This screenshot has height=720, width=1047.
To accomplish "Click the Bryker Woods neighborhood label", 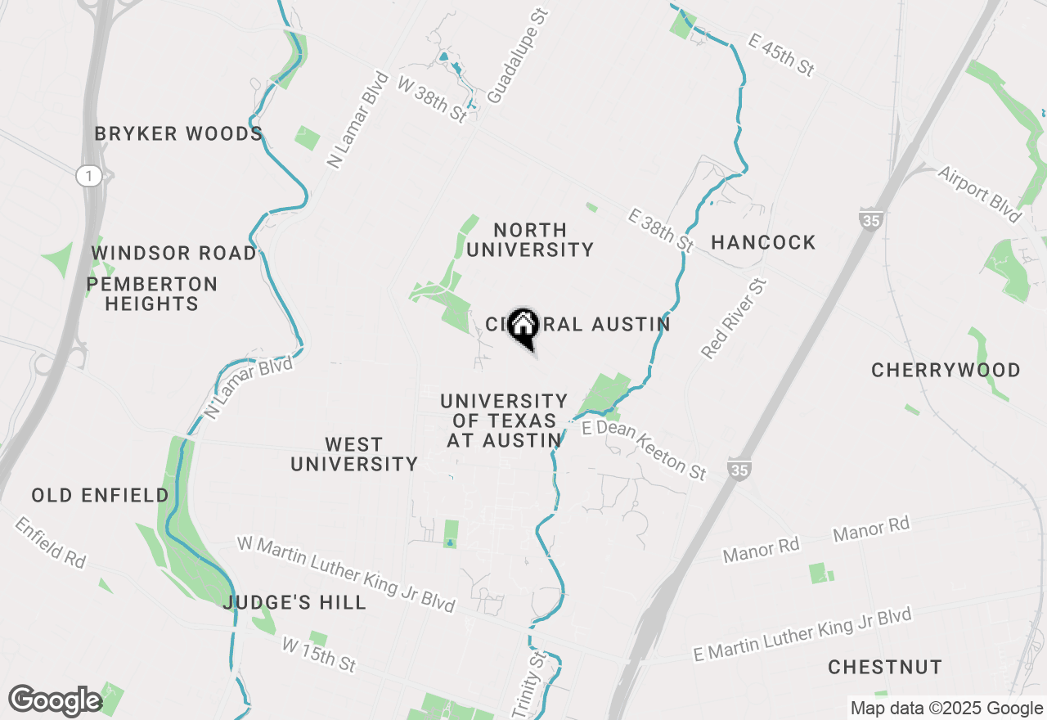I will [178, 133].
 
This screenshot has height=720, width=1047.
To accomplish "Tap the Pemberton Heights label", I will [152, 295].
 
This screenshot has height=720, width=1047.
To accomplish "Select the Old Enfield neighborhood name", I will [100, 495].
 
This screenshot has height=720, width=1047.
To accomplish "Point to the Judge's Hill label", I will [294, 603].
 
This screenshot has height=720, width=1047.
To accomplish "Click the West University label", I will [354, 454].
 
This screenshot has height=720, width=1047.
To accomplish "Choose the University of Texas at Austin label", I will [504, 421].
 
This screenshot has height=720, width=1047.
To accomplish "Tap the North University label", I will [530, 240].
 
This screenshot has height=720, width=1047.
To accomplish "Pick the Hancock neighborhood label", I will [763, 242].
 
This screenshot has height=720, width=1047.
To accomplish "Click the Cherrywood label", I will [946, 370].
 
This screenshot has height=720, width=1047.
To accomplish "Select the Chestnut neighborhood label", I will [885, 667].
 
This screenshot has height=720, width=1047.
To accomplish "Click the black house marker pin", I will [523, 327].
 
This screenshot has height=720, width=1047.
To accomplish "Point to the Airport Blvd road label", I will [980, 194].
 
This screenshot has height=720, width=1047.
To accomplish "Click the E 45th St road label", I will [781, 55].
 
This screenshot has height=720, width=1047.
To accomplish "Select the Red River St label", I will [735, 319].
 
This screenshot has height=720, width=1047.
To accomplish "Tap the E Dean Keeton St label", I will [644, 450].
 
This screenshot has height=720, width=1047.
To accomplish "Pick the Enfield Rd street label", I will [49, 542].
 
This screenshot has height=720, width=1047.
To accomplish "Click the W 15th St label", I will [319, 655].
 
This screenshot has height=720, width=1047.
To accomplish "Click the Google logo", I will [55, 700].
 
